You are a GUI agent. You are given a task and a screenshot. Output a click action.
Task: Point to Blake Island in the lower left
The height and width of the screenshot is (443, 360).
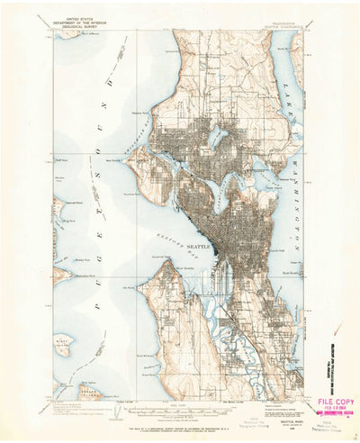tap(62, 343)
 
